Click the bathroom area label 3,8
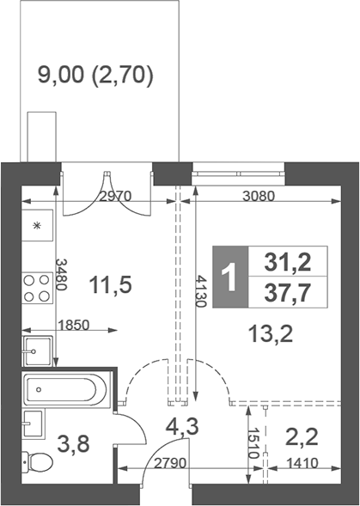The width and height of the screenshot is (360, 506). (x=74, y=446)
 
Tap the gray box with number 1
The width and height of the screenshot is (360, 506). (x=229, y=277)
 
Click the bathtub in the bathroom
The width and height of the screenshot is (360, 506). (x=65, y=390)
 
